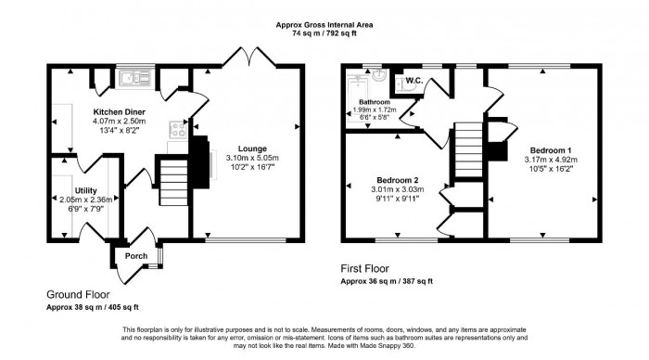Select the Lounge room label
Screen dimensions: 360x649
(251, 148)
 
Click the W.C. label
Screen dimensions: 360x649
(414, 81)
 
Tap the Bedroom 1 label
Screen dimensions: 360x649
(551, 149)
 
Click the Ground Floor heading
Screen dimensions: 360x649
(76, 294)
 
